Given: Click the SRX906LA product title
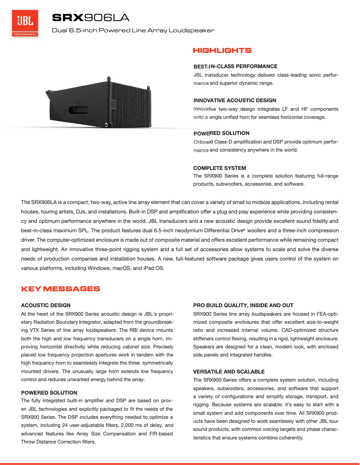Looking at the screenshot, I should [x=91, y=18].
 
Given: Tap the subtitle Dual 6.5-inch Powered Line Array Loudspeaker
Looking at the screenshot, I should [x=133, y=30].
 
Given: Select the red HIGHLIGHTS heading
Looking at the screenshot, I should [x=222, y=51].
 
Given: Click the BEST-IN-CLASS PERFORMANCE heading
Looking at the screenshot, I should [x=235, y=66].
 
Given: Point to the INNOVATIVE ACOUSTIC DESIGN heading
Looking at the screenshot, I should [x=235, y=100].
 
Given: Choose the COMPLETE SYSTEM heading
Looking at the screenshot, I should [x=220, y=168].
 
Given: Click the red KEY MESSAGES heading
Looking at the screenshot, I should [x=61, y=289].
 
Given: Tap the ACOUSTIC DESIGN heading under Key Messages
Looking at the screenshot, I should [x=46, y=305].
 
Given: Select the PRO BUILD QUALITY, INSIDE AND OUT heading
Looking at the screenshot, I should [x=243, y=305].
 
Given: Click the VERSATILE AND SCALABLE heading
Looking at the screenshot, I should [x=228, y=372].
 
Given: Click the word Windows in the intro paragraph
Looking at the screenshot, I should [x=99, y=269].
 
